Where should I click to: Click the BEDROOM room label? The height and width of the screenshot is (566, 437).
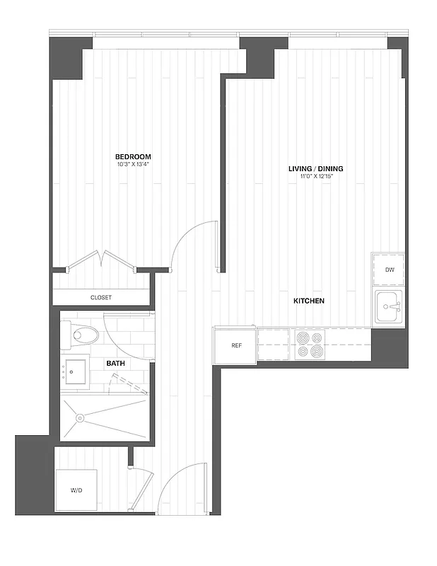click(134, 156)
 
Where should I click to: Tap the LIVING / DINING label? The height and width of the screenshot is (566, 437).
click(315, 168)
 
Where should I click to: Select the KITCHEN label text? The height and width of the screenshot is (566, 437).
click(309, 301)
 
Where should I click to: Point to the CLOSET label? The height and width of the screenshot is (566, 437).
click(101, 298)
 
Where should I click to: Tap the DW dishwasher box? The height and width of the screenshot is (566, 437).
click(389, 270)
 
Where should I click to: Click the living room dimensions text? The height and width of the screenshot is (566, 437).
click(315, 176)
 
